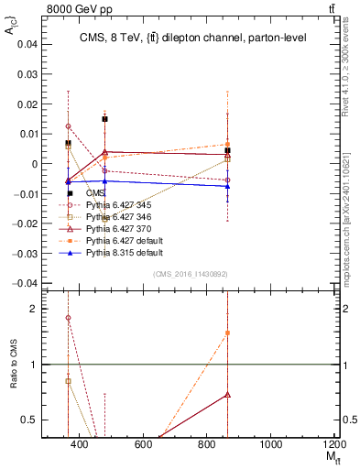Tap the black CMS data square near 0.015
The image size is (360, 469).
pyautogui.click(x=105, y=119)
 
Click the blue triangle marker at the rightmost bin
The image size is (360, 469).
pyautogui.click(x=227, y=186)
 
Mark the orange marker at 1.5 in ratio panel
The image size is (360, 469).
pyautogui.click(x=227, y=333)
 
